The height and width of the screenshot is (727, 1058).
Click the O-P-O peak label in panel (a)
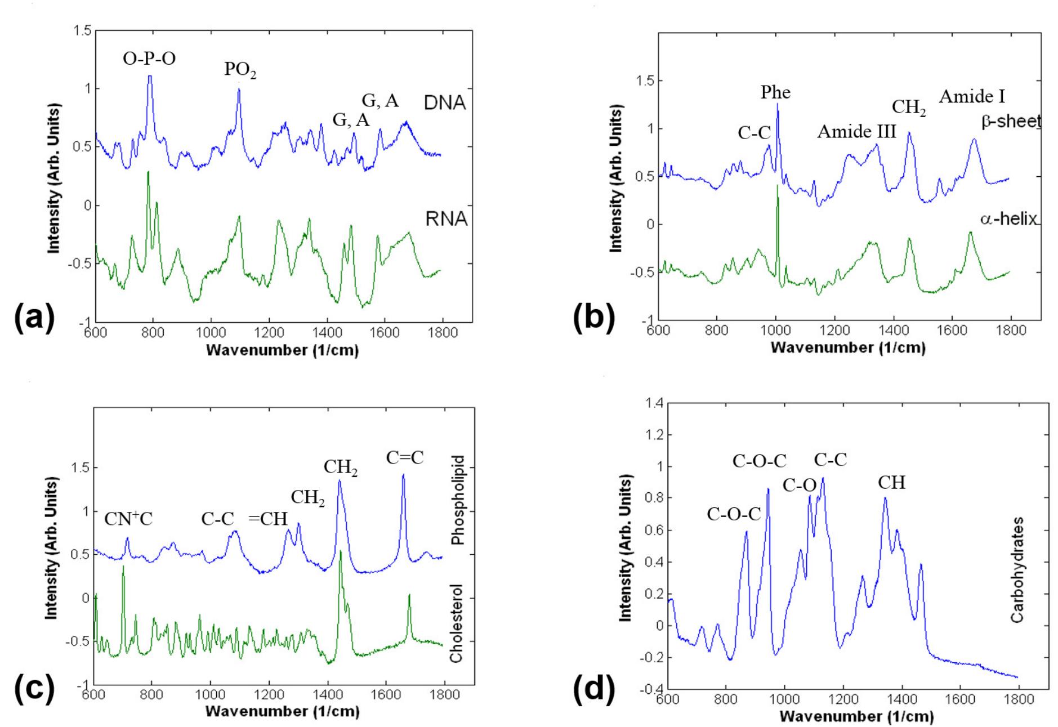(x=149, y=58)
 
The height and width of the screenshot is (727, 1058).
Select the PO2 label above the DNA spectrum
(x=240, y=70)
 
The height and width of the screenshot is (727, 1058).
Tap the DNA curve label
(x=445, y=103)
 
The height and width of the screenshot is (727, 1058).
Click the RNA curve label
(x=447, y=219)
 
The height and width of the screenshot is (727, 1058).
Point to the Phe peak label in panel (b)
(x=775, y=92)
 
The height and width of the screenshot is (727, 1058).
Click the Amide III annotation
(x=856, y=132)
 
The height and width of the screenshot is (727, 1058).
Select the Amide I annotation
(x=972, y=97)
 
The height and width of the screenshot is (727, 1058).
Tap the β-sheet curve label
(x=1011, y=122)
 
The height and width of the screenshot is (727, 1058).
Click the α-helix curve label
(x=1008, y=219)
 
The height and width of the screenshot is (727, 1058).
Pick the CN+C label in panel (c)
(x=128, y=519)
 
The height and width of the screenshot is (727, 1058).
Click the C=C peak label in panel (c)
(x=405, y=458)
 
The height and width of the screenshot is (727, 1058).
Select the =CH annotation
(x=268, y=519)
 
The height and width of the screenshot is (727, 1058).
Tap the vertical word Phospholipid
(x=457, y=500)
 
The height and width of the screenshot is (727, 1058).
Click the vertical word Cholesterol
(x=457, y=623)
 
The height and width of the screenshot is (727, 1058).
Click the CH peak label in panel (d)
(x=891, y=483)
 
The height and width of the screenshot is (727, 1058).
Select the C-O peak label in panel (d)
(x=799, y=485)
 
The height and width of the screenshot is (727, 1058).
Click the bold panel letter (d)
(x=593, y=690)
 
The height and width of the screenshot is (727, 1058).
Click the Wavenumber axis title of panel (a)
(x=282, y=350)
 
